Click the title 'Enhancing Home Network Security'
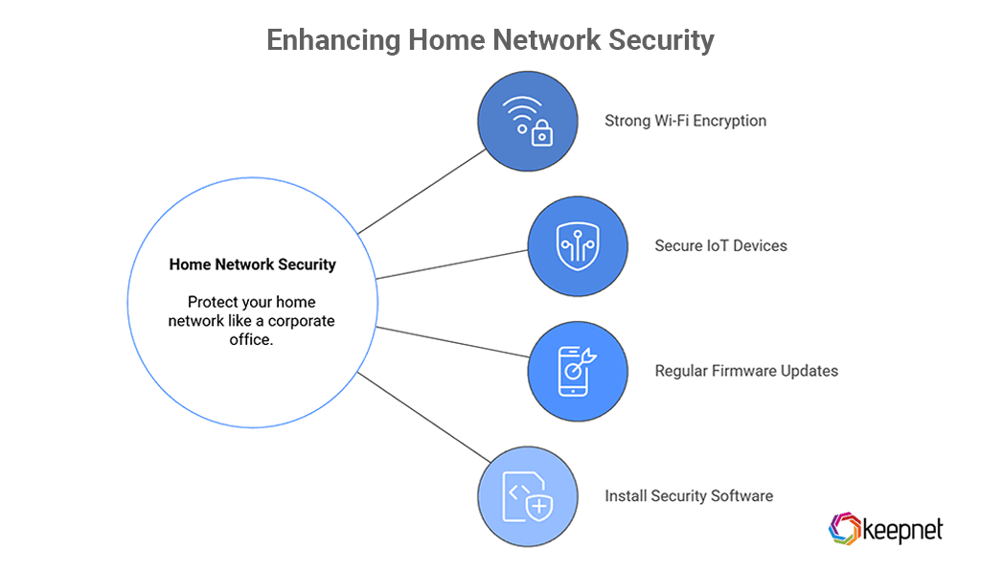coord(490,40)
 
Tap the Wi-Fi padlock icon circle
coord(528,122)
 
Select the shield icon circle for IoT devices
coord(578,246)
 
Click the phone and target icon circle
coord(578,371)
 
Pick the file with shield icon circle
coord(528,496)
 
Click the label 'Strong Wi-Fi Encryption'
coord(685,122)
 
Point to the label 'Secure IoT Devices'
coord(720,246)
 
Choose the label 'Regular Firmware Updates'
coord(746,371)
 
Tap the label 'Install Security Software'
coord(688,496)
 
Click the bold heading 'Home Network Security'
coord(252,264)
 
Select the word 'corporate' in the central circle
coord(301,321)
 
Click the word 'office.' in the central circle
coord(252,339)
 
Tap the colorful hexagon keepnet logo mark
coord(844,528)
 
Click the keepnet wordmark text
coord(902,529)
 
